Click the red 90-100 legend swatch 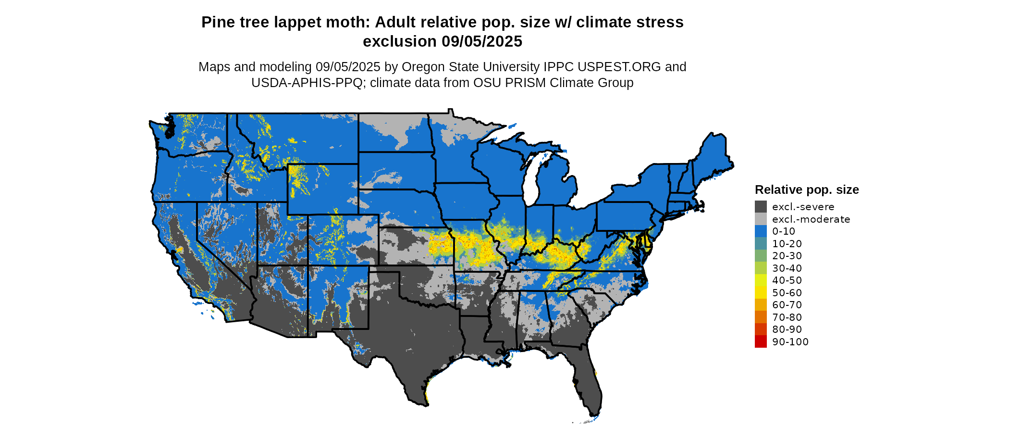coord(761,341)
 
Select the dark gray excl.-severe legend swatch coord(761,207)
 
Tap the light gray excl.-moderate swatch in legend coord(761,219)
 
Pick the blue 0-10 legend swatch coord(761,231)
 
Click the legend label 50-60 coord(787,292)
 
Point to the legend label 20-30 coord(787,256)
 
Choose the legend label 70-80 coord(787,317)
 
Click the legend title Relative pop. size coord(807,189)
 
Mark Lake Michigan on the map coord(530,180)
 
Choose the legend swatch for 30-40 coord(761,268)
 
